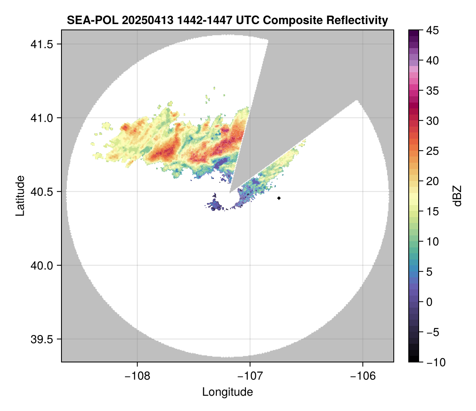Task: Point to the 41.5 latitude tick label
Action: tap(40, 44)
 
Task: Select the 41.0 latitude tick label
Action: tap(40, 118)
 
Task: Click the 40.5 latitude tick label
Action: tap(40, 191)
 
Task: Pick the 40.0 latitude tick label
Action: tap(40, 265)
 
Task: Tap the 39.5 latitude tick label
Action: tap(40, 339)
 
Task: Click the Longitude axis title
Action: tap(227, 391)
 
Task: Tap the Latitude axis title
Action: tap(20, 196)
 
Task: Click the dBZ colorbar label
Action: tap(457, 196)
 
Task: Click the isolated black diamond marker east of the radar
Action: tap(279, 198)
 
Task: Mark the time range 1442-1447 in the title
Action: tap(209, 20)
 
